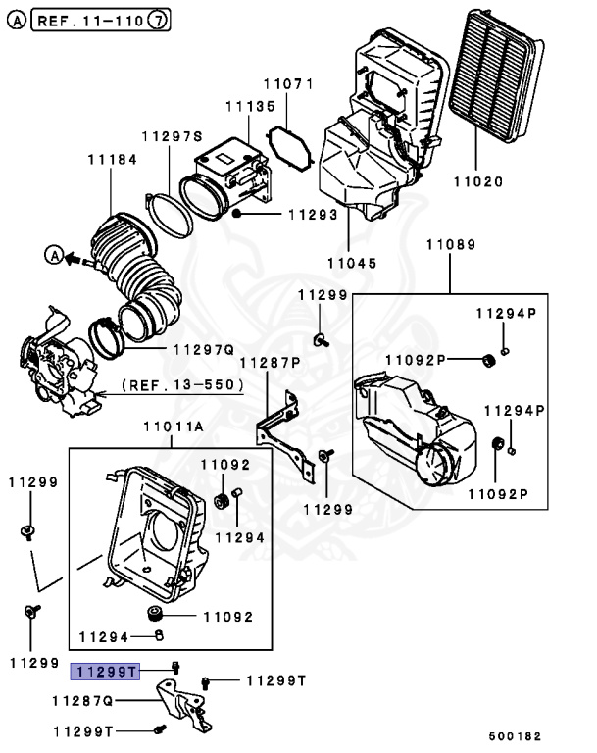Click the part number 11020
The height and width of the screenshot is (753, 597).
pyautogui.click(x=477, y=181)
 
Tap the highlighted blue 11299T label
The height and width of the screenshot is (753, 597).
pyautogui.click(x=105, y=672)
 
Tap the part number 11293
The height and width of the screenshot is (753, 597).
pyautogui.click(x=311, y=214)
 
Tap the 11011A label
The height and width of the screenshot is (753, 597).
pyautogui.click(x=173, y=427)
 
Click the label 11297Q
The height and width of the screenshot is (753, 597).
pyautogui.click(x=202, y=348)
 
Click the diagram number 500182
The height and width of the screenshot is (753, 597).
pyautogui.click(x=516, y=735)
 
